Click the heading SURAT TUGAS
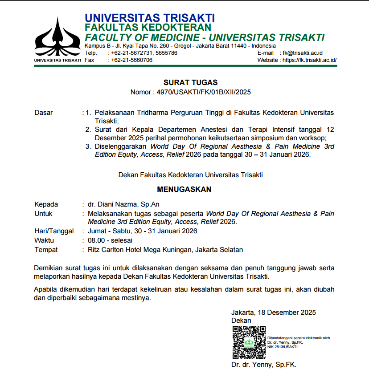coord(190,82)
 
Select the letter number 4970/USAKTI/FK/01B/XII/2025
coord(202,93)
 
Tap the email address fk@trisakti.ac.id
coord(303,53)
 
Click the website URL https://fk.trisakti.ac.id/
coord(310,60)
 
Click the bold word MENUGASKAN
coord(184,189)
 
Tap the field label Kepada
coord(46,204)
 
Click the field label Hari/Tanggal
coord(53,231)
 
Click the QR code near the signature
coord(249,342)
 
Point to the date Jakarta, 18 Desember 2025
coord(274,313)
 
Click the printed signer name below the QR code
coord(264,365)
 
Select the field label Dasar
coord(44,113)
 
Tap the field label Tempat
coord(46,250)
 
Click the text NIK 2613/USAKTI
coord(283,347)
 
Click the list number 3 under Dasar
coord(88,146)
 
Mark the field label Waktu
coord(44,240)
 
